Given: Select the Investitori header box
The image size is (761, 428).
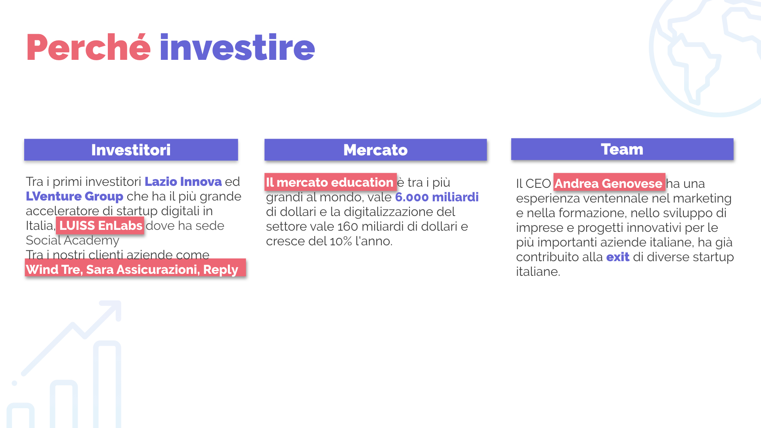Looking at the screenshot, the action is click(131, 150).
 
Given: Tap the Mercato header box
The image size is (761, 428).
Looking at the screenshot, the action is click(375, 150).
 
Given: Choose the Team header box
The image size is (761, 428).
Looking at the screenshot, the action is click(622, 149).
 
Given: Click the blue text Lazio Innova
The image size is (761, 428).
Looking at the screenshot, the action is click(183, 182).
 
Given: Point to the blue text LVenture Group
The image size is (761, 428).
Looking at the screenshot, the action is click(75, 196).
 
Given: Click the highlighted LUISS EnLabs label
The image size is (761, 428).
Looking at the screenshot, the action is click(100, 225).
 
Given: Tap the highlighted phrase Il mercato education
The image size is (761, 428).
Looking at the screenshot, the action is click(331, 182).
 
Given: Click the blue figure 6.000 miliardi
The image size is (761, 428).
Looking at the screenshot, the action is click(437, 197).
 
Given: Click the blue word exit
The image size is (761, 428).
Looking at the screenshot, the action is click(618, 257).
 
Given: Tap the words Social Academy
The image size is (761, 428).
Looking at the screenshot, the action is click(73, 240).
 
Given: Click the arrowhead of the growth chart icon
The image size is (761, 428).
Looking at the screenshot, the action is click(112, 310).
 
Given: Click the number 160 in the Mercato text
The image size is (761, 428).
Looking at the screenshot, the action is click(348, 226).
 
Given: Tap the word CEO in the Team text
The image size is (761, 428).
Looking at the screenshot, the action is click(538, 183).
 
